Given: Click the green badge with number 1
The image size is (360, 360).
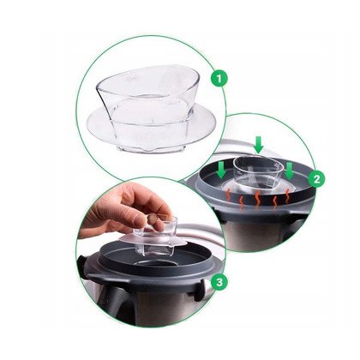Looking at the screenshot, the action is pos(219,79).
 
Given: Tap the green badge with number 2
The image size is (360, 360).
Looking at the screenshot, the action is pos(316,179).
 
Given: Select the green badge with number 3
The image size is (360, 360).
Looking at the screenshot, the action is pos(219,282).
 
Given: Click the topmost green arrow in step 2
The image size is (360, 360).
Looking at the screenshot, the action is pos(259,145).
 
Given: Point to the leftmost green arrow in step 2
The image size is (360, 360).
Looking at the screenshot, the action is pos(221,170).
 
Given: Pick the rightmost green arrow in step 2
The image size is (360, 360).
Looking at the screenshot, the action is pos(290,171).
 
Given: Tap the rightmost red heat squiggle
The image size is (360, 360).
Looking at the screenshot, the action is pos(287,195).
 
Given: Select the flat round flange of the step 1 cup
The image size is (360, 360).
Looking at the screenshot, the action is pos(151,126).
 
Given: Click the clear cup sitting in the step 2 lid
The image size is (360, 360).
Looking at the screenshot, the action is pos(258,172).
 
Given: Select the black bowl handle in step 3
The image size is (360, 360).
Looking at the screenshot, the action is pos(110,303).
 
